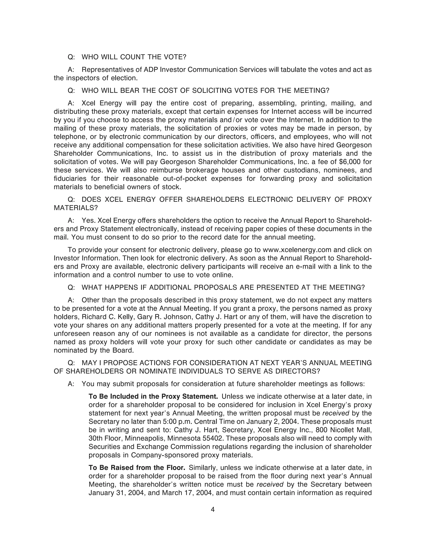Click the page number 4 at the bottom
[212, 509]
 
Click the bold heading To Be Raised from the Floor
[137, 467]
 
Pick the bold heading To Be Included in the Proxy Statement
[153, 396]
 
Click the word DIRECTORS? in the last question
[298, 371]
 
